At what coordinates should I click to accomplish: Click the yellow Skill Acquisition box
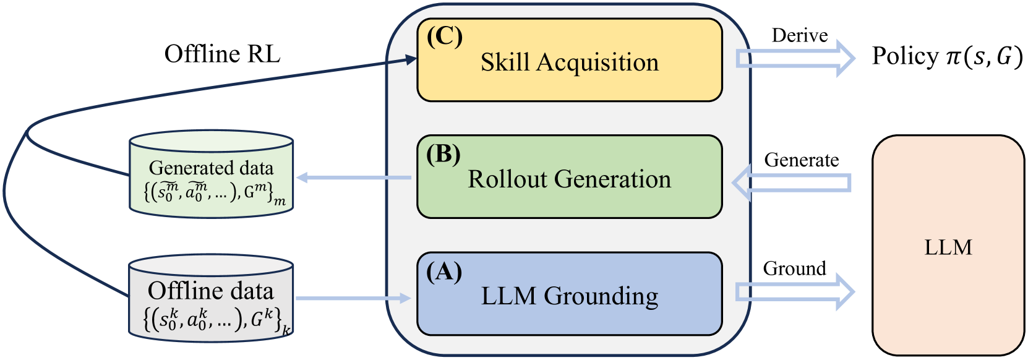[569, 61]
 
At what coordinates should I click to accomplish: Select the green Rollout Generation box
[569, 178]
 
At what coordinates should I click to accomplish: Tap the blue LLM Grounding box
[569, 294]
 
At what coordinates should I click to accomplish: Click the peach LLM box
[948, 246]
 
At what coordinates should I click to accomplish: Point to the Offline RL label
[222, 54]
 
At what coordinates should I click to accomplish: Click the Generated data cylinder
[211, 174]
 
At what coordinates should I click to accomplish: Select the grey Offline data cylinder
[211, 298]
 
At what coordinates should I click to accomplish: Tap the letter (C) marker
[444, 37]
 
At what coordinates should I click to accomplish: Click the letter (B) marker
[443, 154]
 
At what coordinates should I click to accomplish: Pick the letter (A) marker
[443, 272]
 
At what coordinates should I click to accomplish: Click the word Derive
[799, 36]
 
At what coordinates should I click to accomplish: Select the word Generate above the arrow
[801, 160]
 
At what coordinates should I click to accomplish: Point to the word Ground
[794, 268]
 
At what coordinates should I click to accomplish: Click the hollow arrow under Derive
[795, 58]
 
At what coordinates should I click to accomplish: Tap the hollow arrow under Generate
[792, 182]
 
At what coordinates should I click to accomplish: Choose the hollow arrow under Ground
[795, 292]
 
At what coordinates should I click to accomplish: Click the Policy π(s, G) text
[947, 56]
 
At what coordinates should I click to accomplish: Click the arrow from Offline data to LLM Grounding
[353, 298]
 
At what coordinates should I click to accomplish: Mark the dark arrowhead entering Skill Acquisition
[410, 59]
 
